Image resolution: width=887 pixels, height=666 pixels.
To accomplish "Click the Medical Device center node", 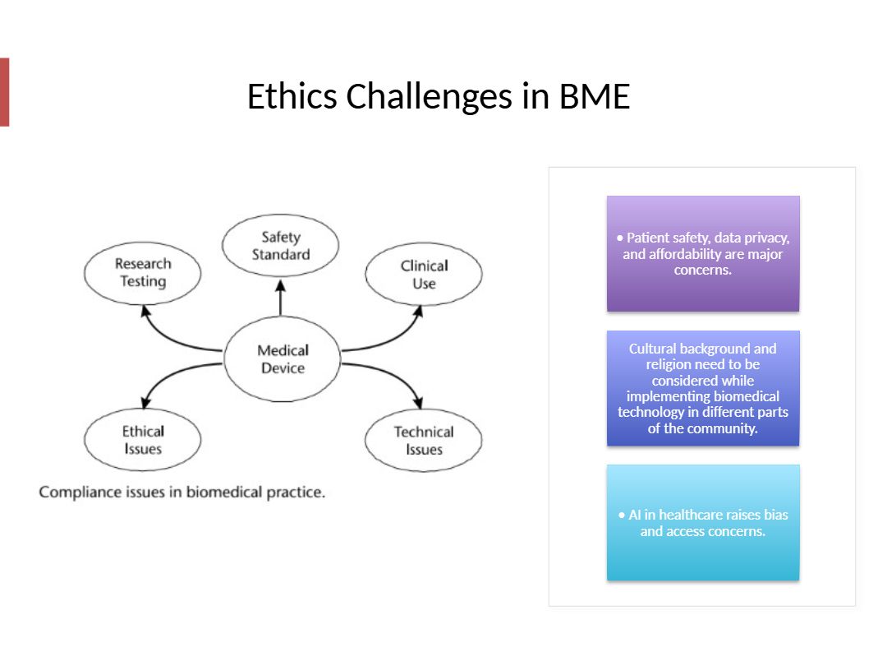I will coord(283,359).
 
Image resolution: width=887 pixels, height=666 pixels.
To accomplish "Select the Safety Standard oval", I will coord(281,246).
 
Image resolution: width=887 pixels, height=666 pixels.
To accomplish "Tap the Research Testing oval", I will coord(143,272).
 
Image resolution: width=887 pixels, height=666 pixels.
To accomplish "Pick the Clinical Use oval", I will coord(424,275).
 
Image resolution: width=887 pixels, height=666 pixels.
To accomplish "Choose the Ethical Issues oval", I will coord(143,440).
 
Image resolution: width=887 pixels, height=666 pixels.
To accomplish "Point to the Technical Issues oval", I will coord(424,441).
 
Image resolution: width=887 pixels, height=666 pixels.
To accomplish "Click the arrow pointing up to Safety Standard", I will coord(281,298).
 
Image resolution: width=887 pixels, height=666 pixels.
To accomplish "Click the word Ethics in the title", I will coord(292,97).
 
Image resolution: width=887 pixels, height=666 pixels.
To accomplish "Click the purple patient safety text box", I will coord(703,253).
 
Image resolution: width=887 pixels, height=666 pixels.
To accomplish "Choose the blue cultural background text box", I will coord(703,388).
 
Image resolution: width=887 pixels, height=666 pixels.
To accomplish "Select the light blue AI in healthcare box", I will coord(703,523).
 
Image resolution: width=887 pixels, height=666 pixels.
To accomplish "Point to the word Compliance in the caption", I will coord(79,493).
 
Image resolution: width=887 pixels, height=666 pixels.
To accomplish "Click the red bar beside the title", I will coord(4,92).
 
